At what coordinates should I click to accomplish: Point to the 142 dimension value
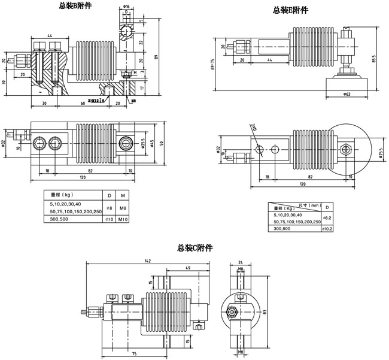[147, 261]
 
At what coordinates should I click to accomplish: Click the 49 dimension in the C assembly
[188, 269]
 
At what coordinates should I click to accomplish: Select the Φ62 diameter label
[347, 94]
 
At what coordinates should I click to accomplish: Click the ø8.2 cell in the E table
[327, 218]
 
